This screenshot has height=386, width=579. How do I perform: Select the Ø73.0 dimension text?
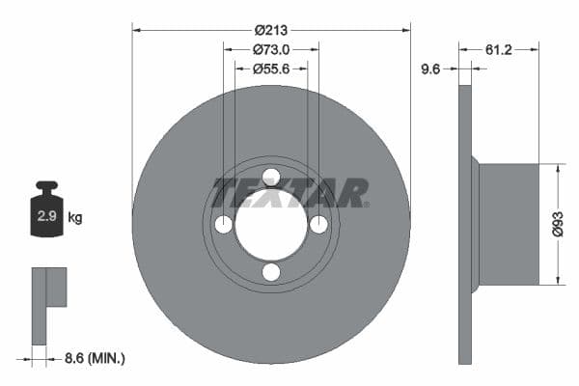click(x=271, y=49)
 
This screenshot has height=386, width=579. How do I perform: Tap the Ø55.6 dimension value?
click(x=271, y=69)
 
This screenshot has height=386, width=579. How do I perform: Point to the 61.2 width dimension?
click(x=498, y=49)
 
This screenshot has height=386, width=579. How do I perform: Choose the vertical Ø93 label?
click(x=557, y=223)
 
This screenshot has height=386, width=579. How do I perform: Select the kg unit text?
click(x=75, y=217)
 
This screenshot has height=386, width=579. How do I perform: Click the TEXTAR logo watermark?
click(x=289, y=193)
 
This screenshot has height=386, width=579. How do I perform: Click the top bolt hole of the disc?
click(x=271, y=177)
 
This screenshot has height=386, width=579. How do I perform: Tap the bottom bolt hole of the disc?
click(x=271, y=272)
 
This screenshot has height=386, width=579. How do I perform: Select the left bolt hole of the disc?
click(x=224, y=225)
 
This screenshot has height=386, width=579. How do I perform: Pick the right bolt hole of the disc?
click(x=318, y=225)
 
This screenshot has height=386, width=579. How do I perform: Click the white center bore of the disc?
click(x=271, y=225)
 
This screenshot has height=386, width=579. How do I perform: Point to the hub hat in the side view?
click(x=507, y=224)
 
